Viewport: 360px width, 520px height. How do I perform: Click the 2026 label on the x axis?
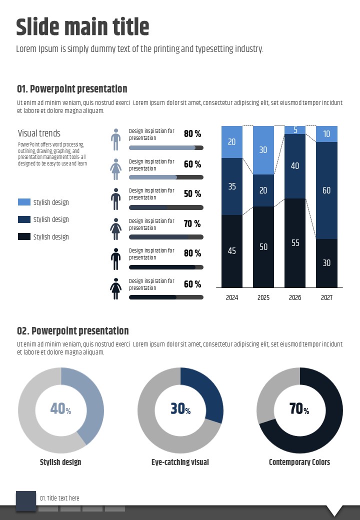tap(295, 297)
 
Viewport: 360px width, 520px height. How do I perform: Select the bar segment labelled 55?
tap(295, 243)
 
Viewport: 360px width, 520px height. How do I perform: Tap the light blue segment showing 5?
tap(295, 130)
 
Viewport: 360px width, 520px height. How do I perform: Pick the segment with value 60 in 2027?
tap(326, 190)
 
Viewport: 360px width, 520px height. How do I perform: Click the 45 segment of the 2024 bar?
tap(232, 251)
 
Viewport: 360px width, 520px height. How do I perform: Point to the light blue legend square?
tap(24, 202)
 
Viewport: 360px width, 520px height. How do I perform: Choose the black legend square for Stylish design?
tap(24, 236)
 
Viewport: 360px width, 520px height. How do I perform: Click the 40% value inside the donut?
tap(60, 409)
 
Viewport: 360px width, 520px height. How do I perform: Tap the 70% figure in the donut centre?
tap(299, 409)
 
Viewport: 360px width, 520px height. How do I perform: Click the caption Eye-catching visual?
tap(180, 462)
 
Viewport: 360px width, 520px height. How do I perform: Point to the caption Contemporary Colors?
tap(299, 462)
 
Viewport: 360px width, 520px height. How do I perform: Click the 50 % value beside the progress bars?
tap(192, 193)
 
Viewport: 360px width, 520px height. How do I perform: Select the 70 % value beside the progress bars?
tap(192, 223)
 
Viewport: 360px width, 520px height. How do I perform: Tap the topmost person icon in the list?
tap(116, 139)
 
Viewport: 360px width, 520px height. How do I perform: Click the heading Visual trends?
tap(39, 133)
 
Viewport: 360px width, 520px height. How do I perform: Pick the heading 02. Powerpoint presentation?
tap(72, 330)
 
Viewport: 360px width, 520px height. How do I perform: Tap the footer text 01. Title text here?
tap(59, 498)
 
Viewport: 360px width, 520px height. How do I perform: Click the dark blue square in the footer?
tap(26, 501)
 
